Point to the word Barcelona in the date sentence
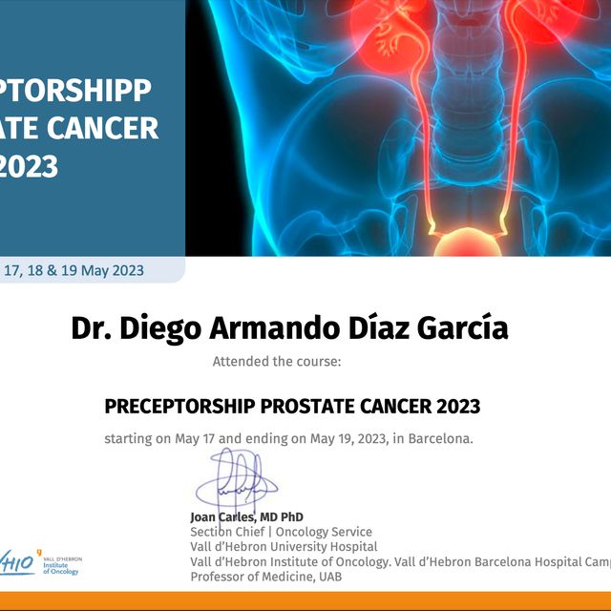(x=438, y=439)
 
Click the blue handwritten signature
(x=234, y=483)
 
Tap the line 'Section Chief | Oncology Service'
(x=281, y=532)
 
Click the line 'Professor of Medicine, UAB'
(x=265, y=577)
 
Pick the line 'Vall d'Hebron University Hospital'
(x=277, y=547)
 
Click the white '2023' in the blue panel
(x=29, y=166)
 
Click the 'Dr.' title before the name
(x=93, y=328)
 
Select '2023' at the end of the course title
(x=458, y=407)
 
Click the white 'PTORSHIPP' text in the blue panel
(x=76, y=91)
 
